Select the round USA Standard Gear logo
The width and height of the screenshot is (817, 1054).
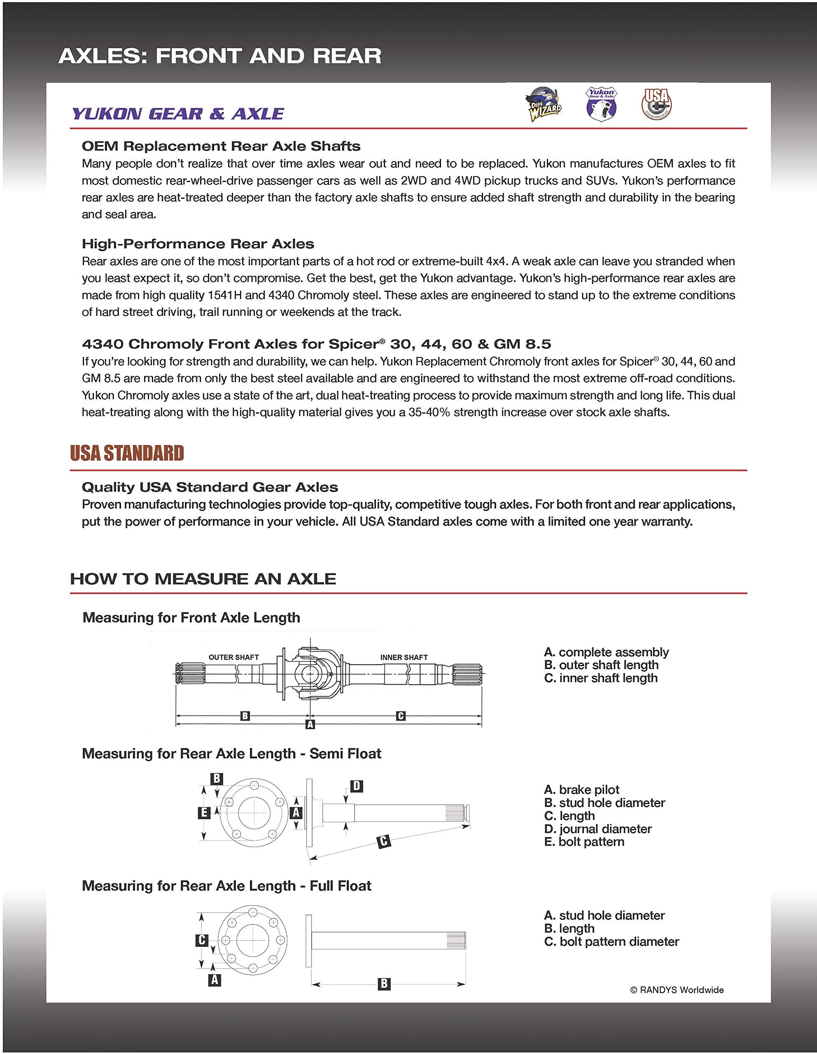(x=657, y=103)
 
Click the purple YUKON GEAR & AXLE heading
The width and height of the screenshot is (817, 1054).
(x=178, y=114)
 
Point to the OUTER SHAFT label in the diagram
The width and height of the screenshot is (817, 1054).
(x=233, y=657)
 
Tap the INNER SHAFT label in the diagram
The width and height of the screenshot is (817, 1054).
(x=404, y=657)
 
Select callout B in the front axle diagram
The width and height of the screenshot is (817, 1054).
(x=245, y=716)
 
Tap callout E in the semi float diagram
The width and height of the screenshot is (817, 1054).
(x=204, y=813)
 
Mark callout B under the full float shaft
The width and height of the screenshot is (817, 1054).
(x=384, y=984)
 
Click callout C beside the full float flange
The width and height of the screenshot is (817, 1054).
(x=202, y=940)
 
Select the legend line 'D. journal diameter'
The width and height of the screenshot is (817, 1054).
(x=598, y=829)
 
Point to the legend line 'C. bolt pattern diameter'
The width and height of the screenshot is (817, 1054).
(x=611, y=942)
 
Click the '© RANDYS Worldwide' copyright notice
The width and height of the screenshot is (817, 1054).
(x=677, y=990)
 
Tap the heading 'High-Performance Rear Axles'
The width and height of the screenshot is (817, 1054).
(x=198, y=244)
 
